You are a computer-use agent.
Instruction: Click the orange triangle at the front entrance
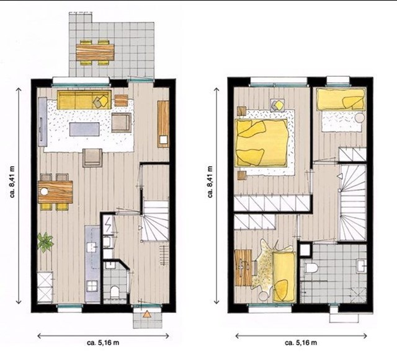coord(146,314)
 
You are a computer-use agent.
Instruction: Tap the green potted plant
coord(45,242)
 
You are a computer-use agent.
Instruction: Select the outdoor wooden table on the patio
coord(95,53)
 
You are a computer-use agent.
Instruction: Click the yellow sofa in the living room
coord(84,100)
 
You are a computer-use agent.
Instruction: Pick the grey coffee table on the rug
coord(84,129)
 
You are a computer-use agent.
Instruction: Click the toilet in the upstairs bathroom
coord(310,268)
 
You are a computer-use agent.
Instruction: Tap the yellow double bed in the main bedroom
coord(261,143)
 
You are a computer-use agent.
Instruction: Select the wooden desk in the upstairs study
coord(243,268)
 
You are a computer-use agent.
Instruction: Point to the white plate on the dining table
coord(44,191)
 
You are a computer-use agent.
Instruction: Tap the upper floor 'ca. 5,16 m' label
coord(301,343)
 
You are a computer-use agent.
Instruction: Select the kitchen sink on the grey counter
coord(92,247)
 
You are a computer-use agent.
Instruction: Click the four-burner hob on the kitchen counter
coord(92,287)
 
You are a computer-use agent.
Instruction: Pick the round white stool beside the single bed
coord(359,118)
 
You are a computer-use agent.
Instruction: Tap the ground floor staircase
coord(155,220)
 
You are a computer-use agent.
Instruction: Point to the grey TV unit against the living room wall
coord(43,122)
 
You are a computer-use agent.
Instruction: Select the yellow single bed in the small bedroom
coord(341,100)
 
